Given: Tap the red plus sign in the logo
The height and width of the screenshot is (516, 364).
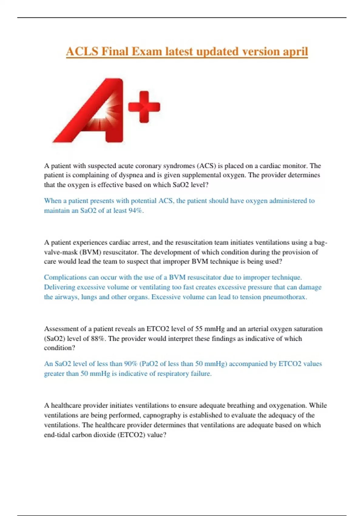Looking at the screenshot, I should tap(144, 107).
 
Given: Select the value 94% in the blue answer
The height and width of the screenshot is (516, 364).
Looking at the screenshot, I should tap(136, 211).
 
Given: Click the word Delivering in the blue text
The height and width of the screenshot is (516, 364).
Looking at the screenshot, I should tap(59, 287).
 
